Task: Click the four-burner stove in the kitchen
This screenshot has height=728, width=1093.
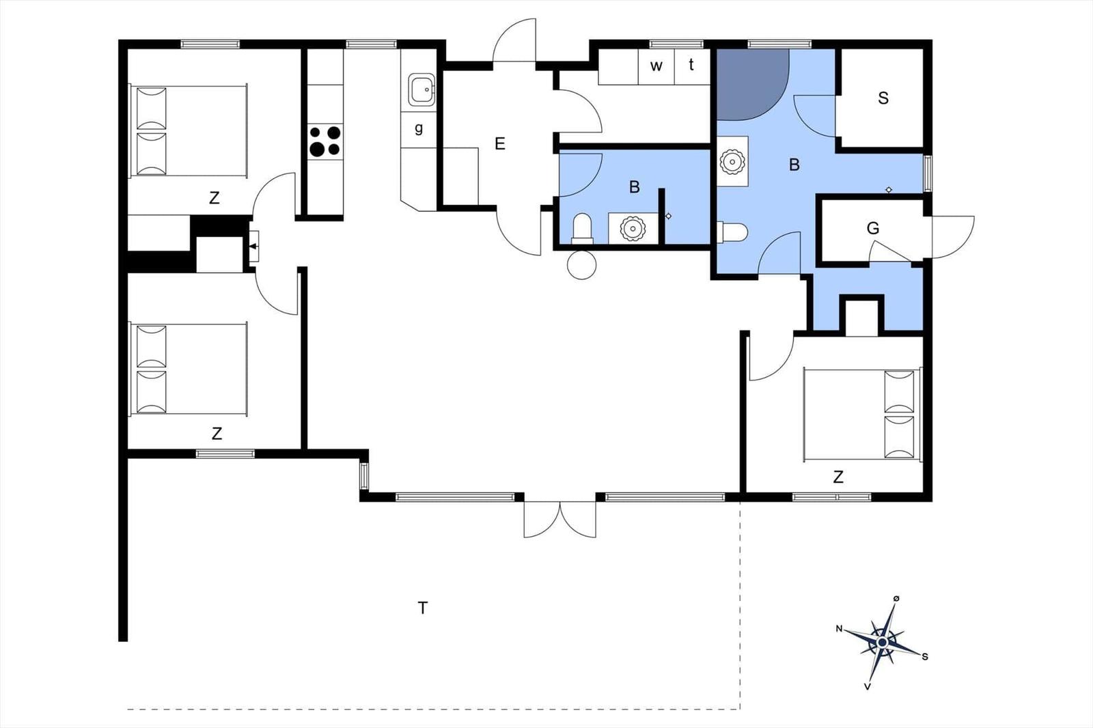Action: tap(325, 142)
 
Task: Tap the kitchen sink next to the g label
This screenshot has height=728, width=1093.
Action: tap(421, 90)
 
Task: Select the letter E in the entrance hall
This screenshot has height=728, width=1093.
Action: tap(500, 144)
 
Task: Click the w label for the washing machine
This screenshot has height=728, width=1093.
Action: tap(656, 66)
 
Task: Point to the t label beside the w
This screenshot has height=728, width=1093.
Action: tap(691, 65)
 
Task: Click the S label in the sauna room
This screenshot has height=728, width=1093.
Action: tap(883, 98)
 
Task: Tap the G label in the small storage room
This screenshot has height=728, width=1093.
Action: tap(873, 228)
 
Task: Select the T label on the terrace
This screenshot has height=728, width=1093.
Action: tap(423, 607)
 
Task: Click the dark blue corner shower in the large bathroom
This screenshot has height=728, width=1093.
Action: tap(748, 82)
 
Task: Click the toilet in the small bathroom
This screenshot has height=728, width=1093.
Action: tap(582, 228)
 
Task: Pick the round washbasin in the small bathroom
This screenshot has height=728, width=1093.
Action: tap(633, 228)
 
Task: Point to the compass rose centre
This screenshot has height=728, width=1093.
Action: tap(883, 643)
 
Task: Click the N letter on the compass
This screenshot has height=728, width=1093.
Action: tap(839, 628)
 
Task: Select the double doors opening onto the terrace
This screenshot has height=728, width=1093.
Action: tap(560, 519)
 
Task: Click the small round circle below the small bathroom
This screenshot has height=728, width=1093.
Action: tap(582, 265)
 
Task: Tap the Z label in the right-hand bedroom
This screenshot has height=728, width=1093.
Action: tap(838, 477)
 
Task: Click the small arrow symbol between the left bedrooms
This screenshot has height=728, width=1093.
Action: tap(254, 246)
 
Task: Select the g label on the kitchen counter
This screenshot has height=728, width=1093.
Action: tap(419, 128)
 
